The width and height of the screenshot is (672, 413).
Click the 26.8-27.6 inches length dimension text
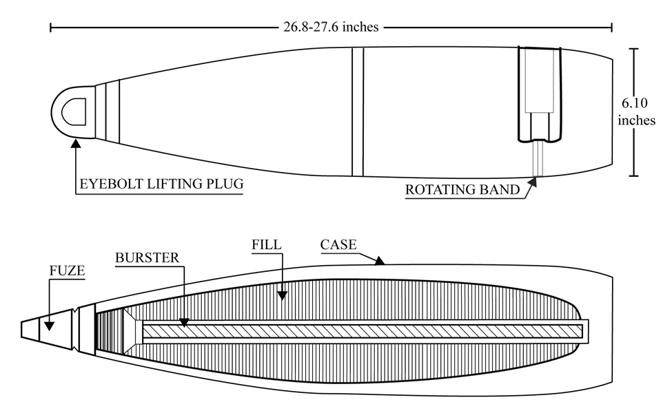pyautogui.click(x=331, y=27)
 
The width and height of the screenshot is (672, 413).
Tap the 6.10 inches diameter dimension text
pyautogui.click(x=636, y=112)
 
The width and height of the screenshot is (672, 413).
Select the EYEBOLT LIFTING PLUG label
pyautogui.click(x=161, y=184)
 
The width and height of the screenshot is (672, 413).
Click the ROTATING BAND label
pyautogui.click(x=462, y=189)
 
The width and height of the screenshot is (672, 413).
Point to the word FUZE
pyautogui.click(x=67, y=271)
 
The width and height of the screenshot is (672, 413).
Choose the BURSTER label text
pyautogui.click(x=147, y=257)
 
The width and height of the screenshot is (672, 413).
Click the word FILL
pyautogui.click(x=267, y=244)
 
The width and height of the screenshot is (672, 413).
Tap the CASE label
pyautogui.click(x=338, y=244)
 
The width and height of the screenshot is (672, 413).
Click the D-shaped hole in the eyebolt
pyautogui.click(x=74, y=112)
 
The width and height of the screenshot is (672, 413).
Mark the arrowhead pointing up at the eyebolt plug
pyautogui.click(x=76, y=143)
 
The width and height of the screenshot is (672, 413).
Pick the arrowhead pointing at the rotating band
pyautogui.click(x=532, y=182)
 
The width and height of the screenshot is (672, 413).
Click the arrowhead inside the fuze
pyautogui.click(x=50, y=326)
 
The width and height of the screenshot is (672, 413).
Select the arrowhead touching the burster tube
pyautogui.click(x=184, y=322)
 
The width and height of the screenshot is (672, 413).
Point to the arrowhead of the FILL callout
pyautogui.click(x=282, y=295)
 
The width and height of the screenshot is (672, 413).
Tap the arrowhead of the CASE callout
pyautogui.click(x=379, y=260)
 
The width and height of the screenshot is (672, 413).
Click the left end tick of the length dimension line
pyautogui.click(x=50, y=28)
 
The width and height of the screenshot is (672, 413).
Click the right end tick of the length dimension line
pyautogui.click(x=611, y=28)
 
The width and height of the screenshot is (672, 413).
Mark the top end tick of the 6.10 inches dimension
pyautogui.click(x=634, y=49)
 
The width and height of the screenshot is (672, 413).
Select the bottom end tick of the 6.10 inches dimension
pyautogui.click(x=634, y=176)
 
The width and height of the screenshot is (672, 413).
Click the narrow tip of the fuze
pyautogui.click(x=21, y=329)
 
